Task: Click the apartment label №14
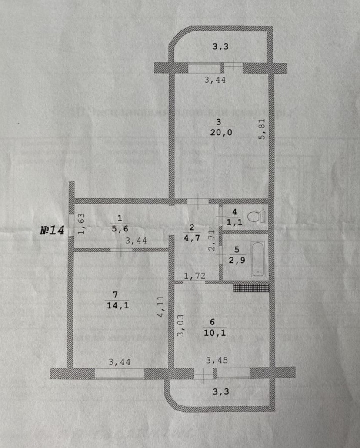pos(52,230)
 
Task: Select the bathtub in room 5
pos(258,259)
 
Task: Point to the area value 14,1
pos(118,305)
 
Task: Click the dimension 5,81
pos(262,129)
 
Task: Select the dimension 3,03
pos(181,325)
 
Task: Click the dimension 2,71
pos(212,241)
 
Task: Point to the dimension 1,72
pos(194,276)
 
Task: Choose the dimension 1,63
pos(81,224)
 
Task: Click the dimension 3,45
pos(217,360)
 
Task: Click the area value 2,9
pos(237,260)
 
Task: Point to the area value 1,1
pos(235,222)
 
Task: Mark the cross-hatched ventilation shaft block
pos(252,288)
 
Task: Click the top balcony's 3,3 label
pos(220,47)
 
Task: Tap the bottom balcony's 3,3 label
pos(220,392)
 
